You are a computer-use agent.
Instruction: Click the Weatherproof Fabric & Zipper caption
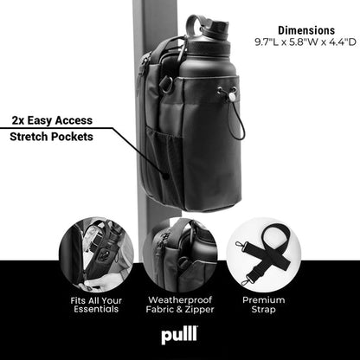click(x=179, y=305)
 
